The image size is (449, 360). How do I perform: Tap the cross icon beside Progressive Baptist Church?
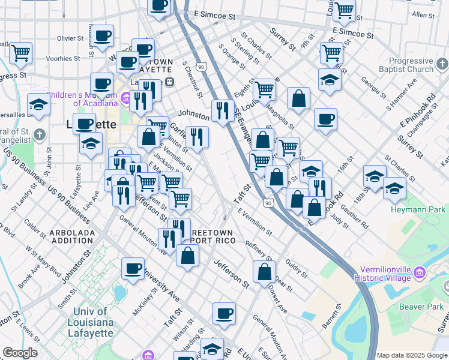coord(441,64)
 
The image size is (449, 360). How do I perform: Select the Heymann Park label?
coord(418,209)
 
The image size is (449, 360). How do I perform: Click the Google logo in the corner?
coord(20,353)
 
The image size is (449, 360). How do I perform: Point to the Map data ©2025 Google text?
coord(412,355)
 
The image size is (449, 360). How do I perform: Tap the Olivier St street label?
coord(70,38)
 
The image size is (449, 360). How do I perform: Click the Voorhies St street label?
coord(64,59)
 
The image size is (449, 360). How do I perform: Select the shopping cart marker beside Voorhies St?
coord(20,53)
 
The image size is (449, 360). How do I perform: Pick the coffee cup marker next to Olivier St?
coord(103,35)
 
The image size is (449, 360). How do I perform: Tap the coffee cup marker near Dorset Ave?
coord(224,313)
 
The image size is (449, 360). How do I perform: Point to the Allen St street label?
coord(423,14)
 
